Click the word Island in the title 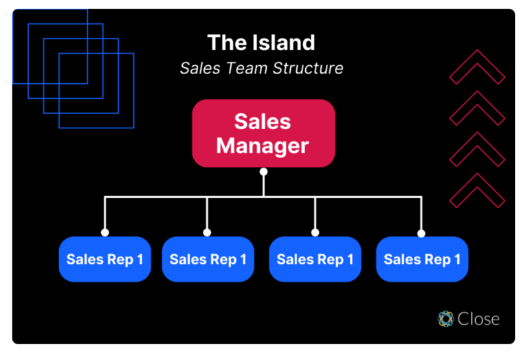(x=280, y=43)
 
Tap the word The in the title (x=225, y=43)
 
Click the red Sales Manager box (x=263, y=133)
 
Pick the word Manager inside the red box (x=263, y=146)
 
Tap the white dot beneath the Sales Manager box (x=263, y=172)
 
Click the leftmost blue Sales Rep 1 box (x=104, y=259)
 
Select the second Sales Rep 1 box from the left (x=208, y=259)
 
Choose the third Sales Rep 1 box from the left (x=315, y=259)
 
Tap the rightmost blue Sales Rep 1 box (x=422, y=259)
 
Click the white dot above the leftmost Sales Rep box (x=105, y=233)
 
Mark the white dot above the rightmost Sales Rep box (x=421, y=233)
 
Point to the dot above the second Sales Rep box (x=207, y=233)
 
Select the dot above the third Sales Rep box (x=315, y=233)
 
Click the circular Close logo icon (x=446, y=319)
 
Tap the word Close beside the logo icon (x=478, y=319)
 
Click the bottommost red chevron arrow (x=477, y=190)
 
